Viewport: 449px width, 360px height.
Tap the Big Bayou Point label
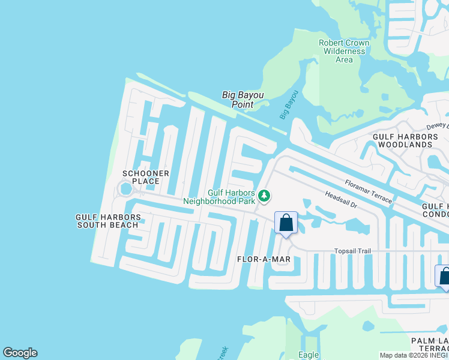(243, 100)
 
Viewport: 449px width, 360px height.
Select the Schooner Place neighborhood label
(141, 177)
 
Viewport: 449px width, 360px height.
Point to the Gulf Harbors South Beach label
(107, 221)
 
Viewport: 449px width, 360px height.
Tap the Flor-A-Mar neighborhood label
(264, 259)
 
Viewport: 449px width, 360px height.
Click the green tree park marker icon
(264, 196)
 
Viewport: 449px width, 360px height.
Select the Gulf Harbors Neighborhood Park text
(231, 197)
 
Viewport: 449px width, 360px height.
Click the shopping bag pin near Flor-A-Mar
(286, 223)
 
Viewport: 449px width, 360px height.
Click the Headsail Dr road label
(340, 200)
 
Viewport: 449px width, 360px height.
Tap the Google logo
(20, 353)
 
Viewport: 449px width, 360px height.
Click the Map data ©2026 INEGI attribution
(414, 355)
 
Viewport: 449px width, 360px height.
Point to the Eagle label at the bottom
(309, 355)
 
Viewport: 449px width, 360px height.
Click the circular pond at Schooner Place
(125, 190)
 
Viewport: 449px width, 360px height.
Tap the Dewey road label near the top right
(437, 127)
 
